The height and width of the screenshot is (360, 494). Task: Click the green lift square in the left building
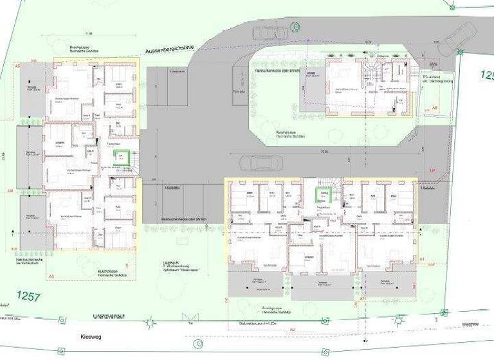(x=120, y=157)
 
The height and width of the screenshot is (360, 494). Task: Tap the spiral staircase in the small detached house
(x=372, y=75)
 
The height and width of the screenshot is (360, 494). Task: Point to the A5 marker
(x=17, y=66)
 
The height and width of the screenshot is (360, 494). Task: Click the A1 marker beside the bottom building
(x=422, y=258)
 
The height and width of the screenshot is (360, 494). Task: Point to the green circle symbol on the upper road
(x=295, y=26)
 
